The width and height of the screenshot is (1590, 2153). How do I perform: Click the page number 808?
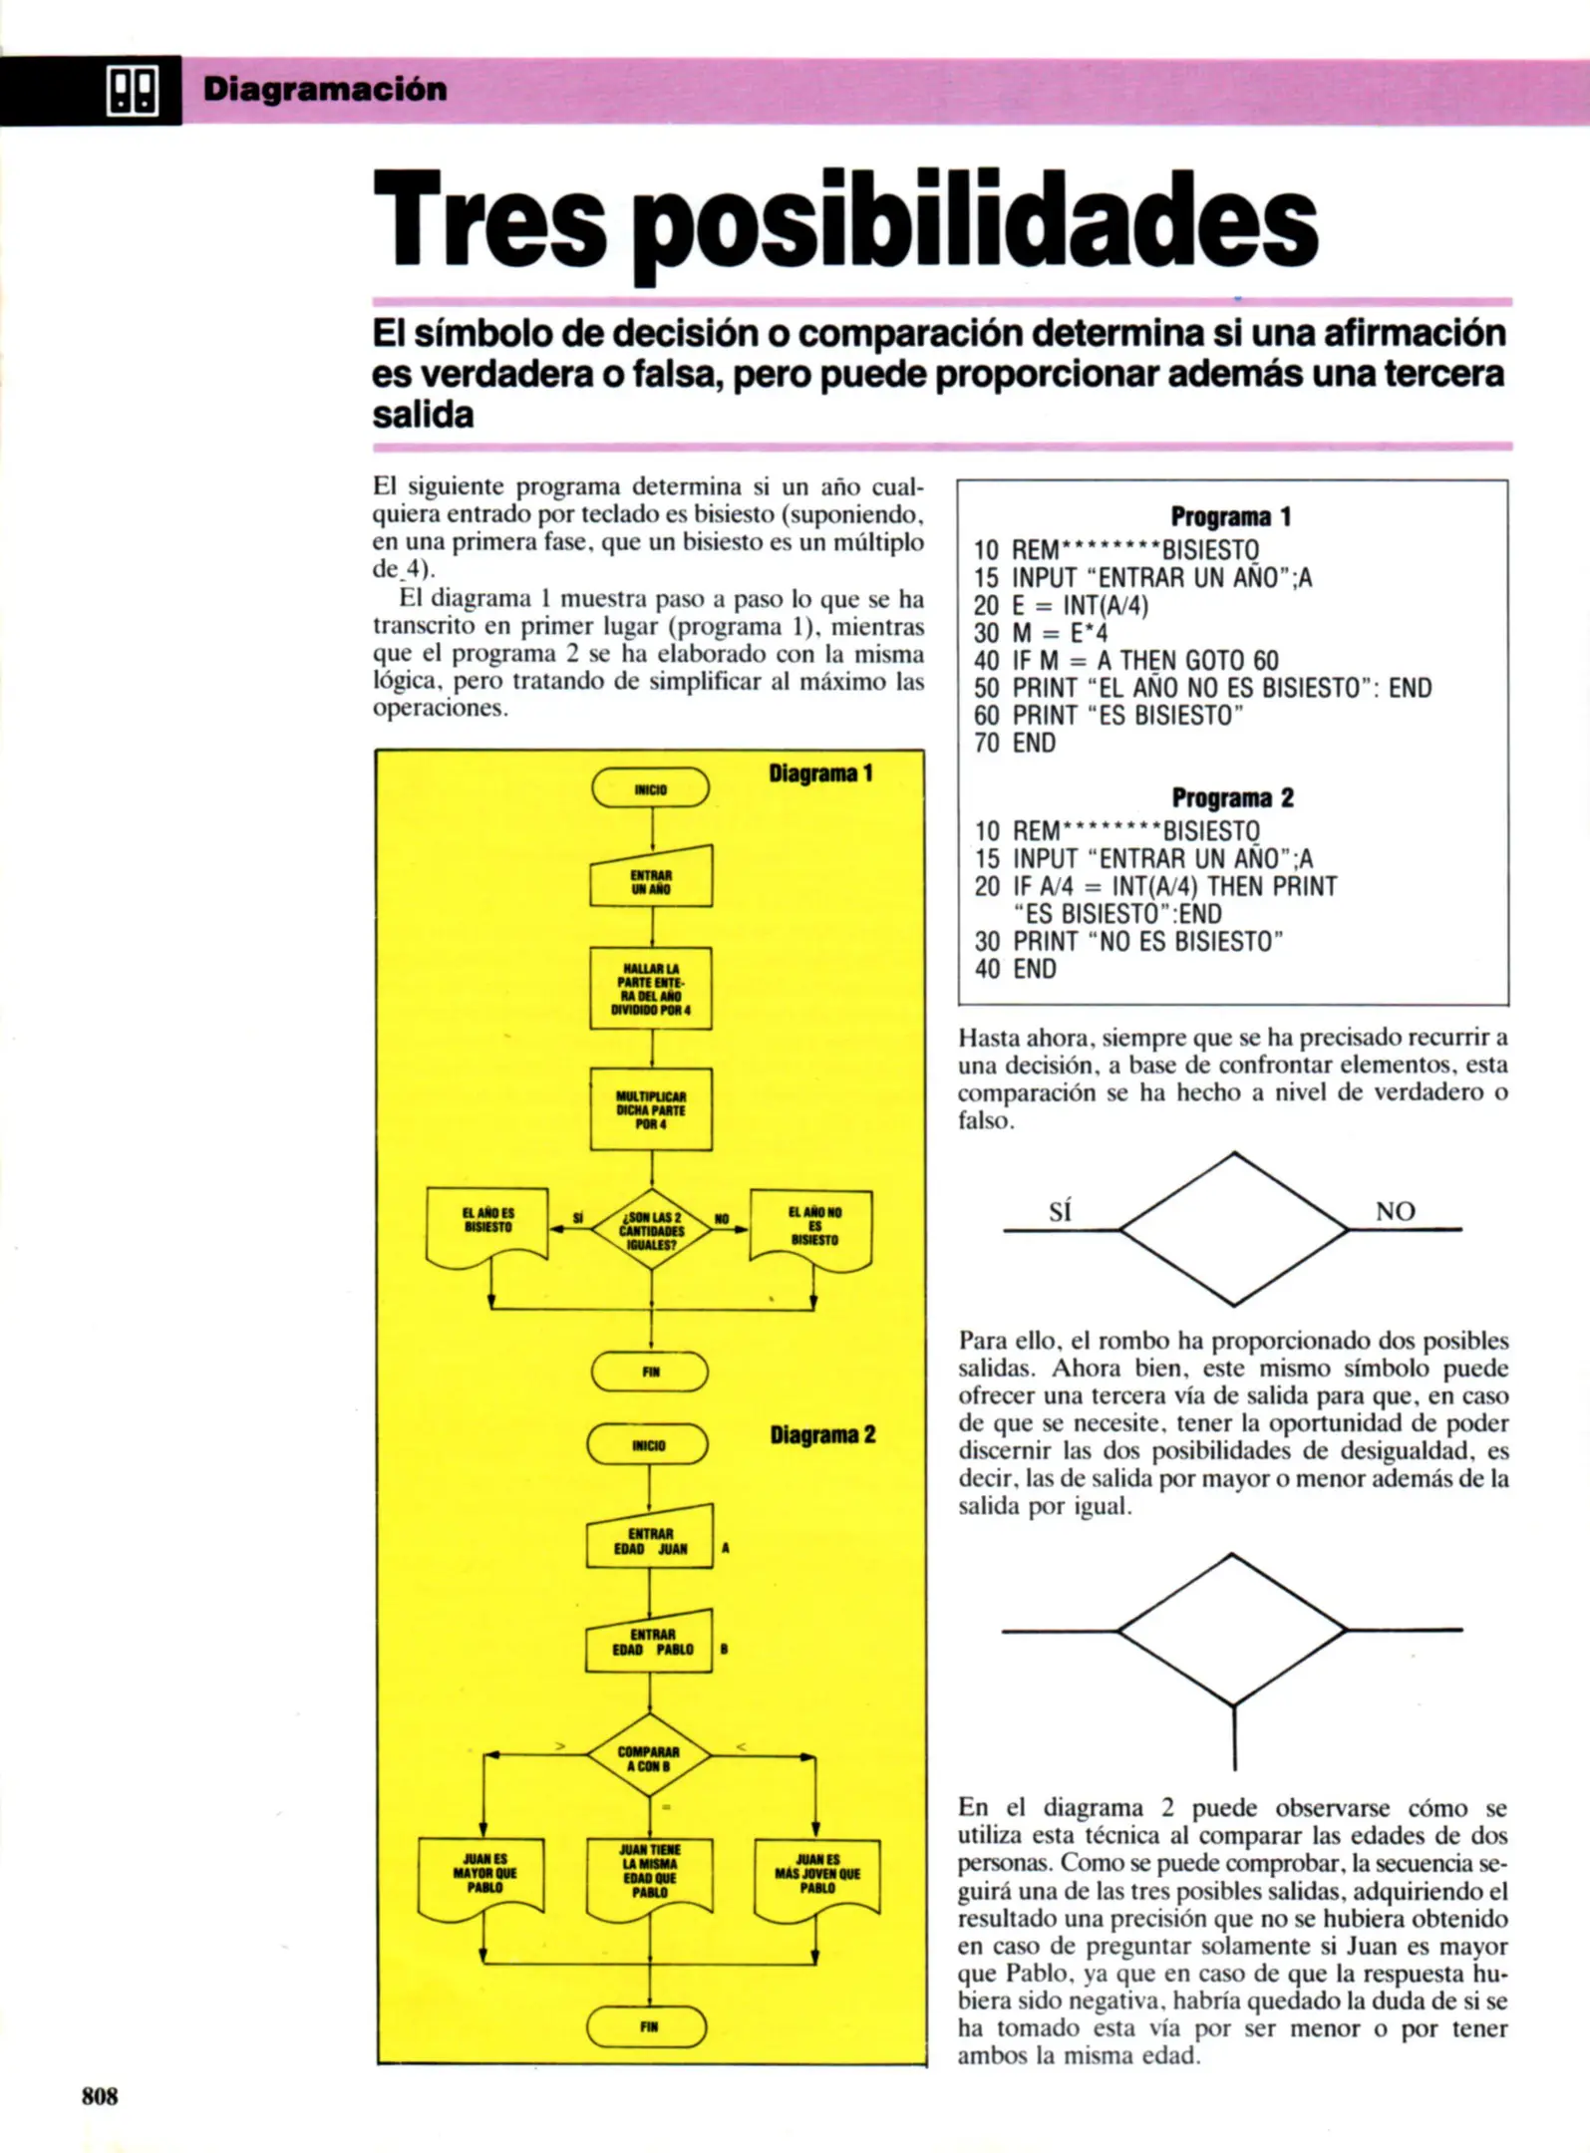coord(100,2095)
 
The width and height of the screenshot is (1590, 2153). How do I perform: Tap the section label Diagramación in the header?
coord(325,90)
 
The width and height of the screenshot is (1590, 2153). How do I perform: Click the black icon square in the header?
coord(132,92)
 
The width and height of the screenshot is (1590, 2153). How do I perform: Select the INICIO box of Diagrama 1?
coord(651,788)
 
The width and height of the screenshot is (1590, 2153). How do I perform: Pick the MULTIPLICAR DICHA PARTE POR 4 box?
coord(651,1109)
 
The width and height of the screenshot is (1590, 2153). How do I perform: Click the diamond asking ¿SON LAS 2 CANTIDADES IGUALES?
coord(651,1229)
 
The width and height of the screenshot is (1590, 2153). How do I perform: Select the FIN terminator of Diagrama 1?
coord(650,1372)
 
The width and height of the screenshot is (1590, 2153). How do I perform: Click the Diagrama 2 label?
coord(822,1434)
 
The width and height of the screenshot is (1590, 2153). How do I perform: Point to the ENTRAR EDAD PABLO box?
coord(650,1642)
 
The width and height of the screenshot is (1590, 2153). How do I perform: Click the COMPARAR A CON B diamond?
coord(649,1757)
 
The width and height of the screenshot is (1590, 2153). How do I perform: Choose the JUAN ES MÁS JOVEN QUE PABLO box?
coord(817,1878)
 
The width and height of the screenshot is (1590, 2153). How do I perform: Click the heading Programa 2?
coord(1232,797)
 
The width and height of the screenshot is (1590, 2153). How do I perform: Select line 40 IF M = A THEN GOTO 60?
coord(1125,661)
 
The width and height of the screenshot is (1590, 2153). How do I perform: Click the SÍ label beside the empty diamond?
coord(1061,1212)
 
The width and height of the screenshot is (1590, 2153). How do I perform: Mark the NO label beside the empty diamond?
coord(1395,1212)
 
